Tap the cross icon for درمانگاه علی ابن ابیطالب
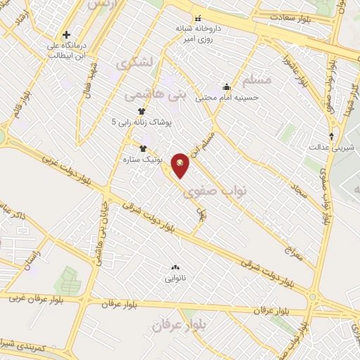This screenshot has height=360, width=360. point(67,34)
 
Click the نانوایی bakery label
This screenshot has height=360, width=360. point(175,278)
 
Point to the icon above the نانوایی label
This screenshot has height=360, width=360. point(175,267)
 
